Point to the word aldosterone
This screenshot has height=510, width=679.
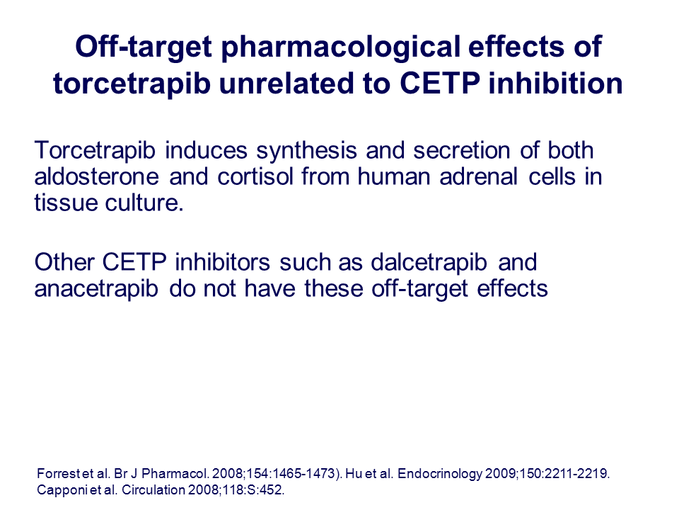[x=97, y=176]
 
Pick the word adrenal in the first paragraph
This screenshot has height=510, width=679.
[x=478, y=176]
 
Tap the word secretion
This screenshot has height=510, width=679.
[x=461, y=150]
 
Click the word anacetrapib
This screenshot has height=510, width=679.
[x=96, y=289]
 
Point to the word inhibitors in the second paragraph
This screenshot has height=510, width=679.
[x=222, y=262]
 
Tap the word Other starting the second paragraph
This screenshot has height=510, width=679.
[x=64, y=262]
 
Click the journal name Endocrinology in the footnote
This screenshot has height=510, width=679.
[x=439, y=474]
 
